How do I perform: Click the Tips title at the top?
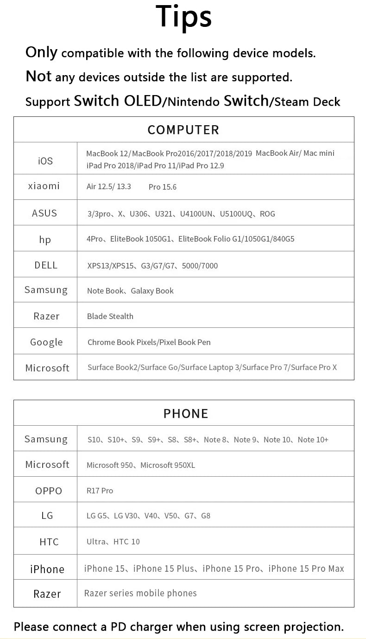tap(183, 17)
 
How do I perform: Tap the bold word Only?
tap(41, 52)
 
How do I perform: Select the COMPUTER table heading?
tap(183, 130)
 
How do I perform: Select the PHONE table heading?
tap(186, 413)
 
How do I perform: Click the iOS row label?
tap(45, 161)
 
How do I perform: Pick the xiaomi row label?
tap(44, 186)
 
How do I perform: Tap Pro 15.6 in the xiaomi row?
tap(163, 187)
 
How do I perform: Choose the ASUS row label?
tap(44, 213)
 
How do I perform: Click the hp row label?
tap(45, 240)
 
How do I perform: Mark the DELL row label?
tap(46, 265)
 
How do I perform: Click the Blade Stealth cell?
tap(110, 316)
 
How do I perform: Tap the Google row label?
tap(46, 342)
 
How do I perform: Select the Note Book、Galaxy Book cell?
tap(130, 291)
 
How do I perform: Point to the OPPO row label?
tap(49, 491)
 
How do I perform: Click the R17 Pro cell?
tap(100, 491)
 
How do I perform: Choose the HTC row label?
tap(49, 542)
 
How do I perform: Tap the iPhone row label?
tap(47, 569)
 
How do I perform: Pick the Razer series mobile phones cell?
tap(140, 593)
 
